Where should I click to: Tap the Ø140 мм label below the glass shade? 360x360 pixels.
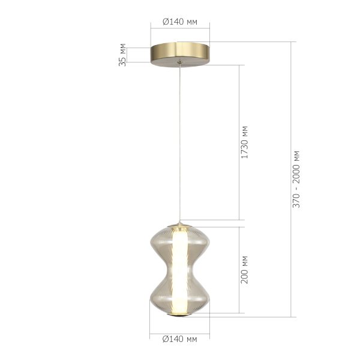tap(180, 340)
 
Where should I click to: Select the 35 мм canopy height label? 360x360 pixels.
tap(123, 54)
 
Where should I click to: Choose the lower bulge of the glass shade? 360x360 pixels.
tap(180, 294)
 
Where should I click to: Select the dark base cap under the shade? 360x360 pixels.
tap(180, 316)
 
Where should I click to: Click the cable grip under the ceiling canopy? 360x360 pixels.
tap(180, 63)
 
